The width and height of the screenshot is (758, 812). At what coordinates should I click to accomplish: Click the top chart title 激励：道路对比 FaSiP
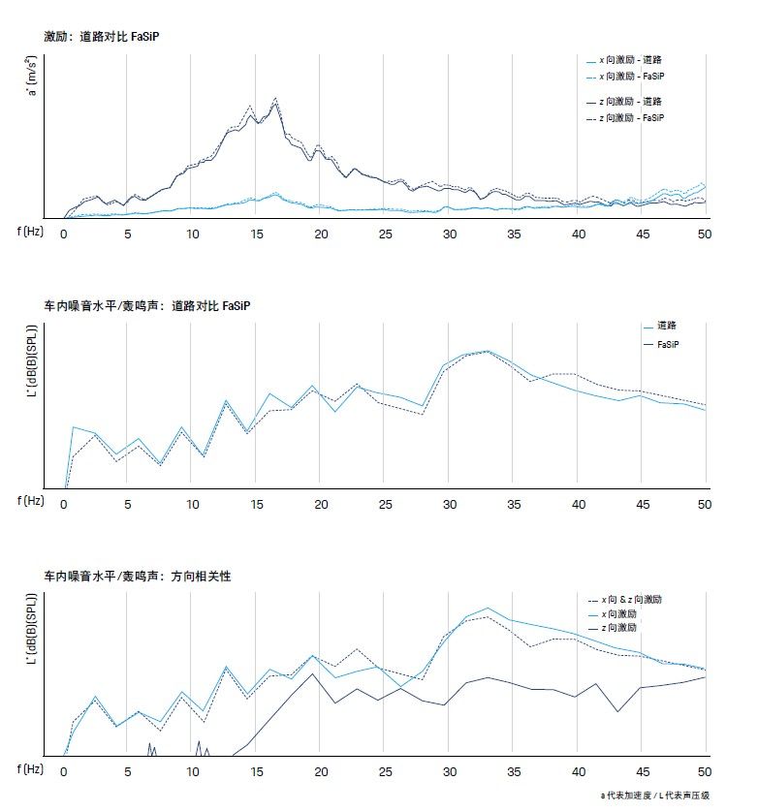[101, 36]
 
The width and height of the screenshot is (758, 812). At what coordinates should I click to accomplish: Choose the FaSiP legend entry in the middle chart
[667, 344]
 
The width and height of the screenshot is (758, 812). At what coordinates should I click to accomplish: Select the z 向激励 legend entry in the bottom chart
[632, 628]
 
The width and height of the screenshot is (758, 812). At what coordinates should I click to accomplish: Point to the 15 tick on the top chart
[257, 234]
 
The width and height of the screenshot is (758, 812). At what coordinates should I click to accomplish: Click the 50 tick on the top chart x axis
[705, 234]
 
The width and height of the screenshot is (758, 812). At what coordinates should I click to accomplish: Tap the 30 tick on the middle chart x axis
[449, 504]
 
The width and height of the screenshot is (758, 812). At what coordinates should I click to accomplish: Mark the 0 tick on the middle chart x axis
[65, 504]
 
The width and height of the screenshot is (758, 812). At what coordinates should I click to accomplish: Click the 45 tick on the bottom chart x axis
[641, 771]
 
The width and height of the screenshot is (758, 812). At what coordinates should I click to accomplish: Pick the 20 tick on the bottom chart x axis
[321, 771]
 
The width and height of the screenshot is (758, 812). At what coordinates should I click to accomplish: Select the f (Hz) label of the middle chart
[31, 501]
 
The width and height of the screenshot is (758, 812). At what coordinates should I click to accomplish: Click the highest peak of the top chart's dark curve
[276, 100]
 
